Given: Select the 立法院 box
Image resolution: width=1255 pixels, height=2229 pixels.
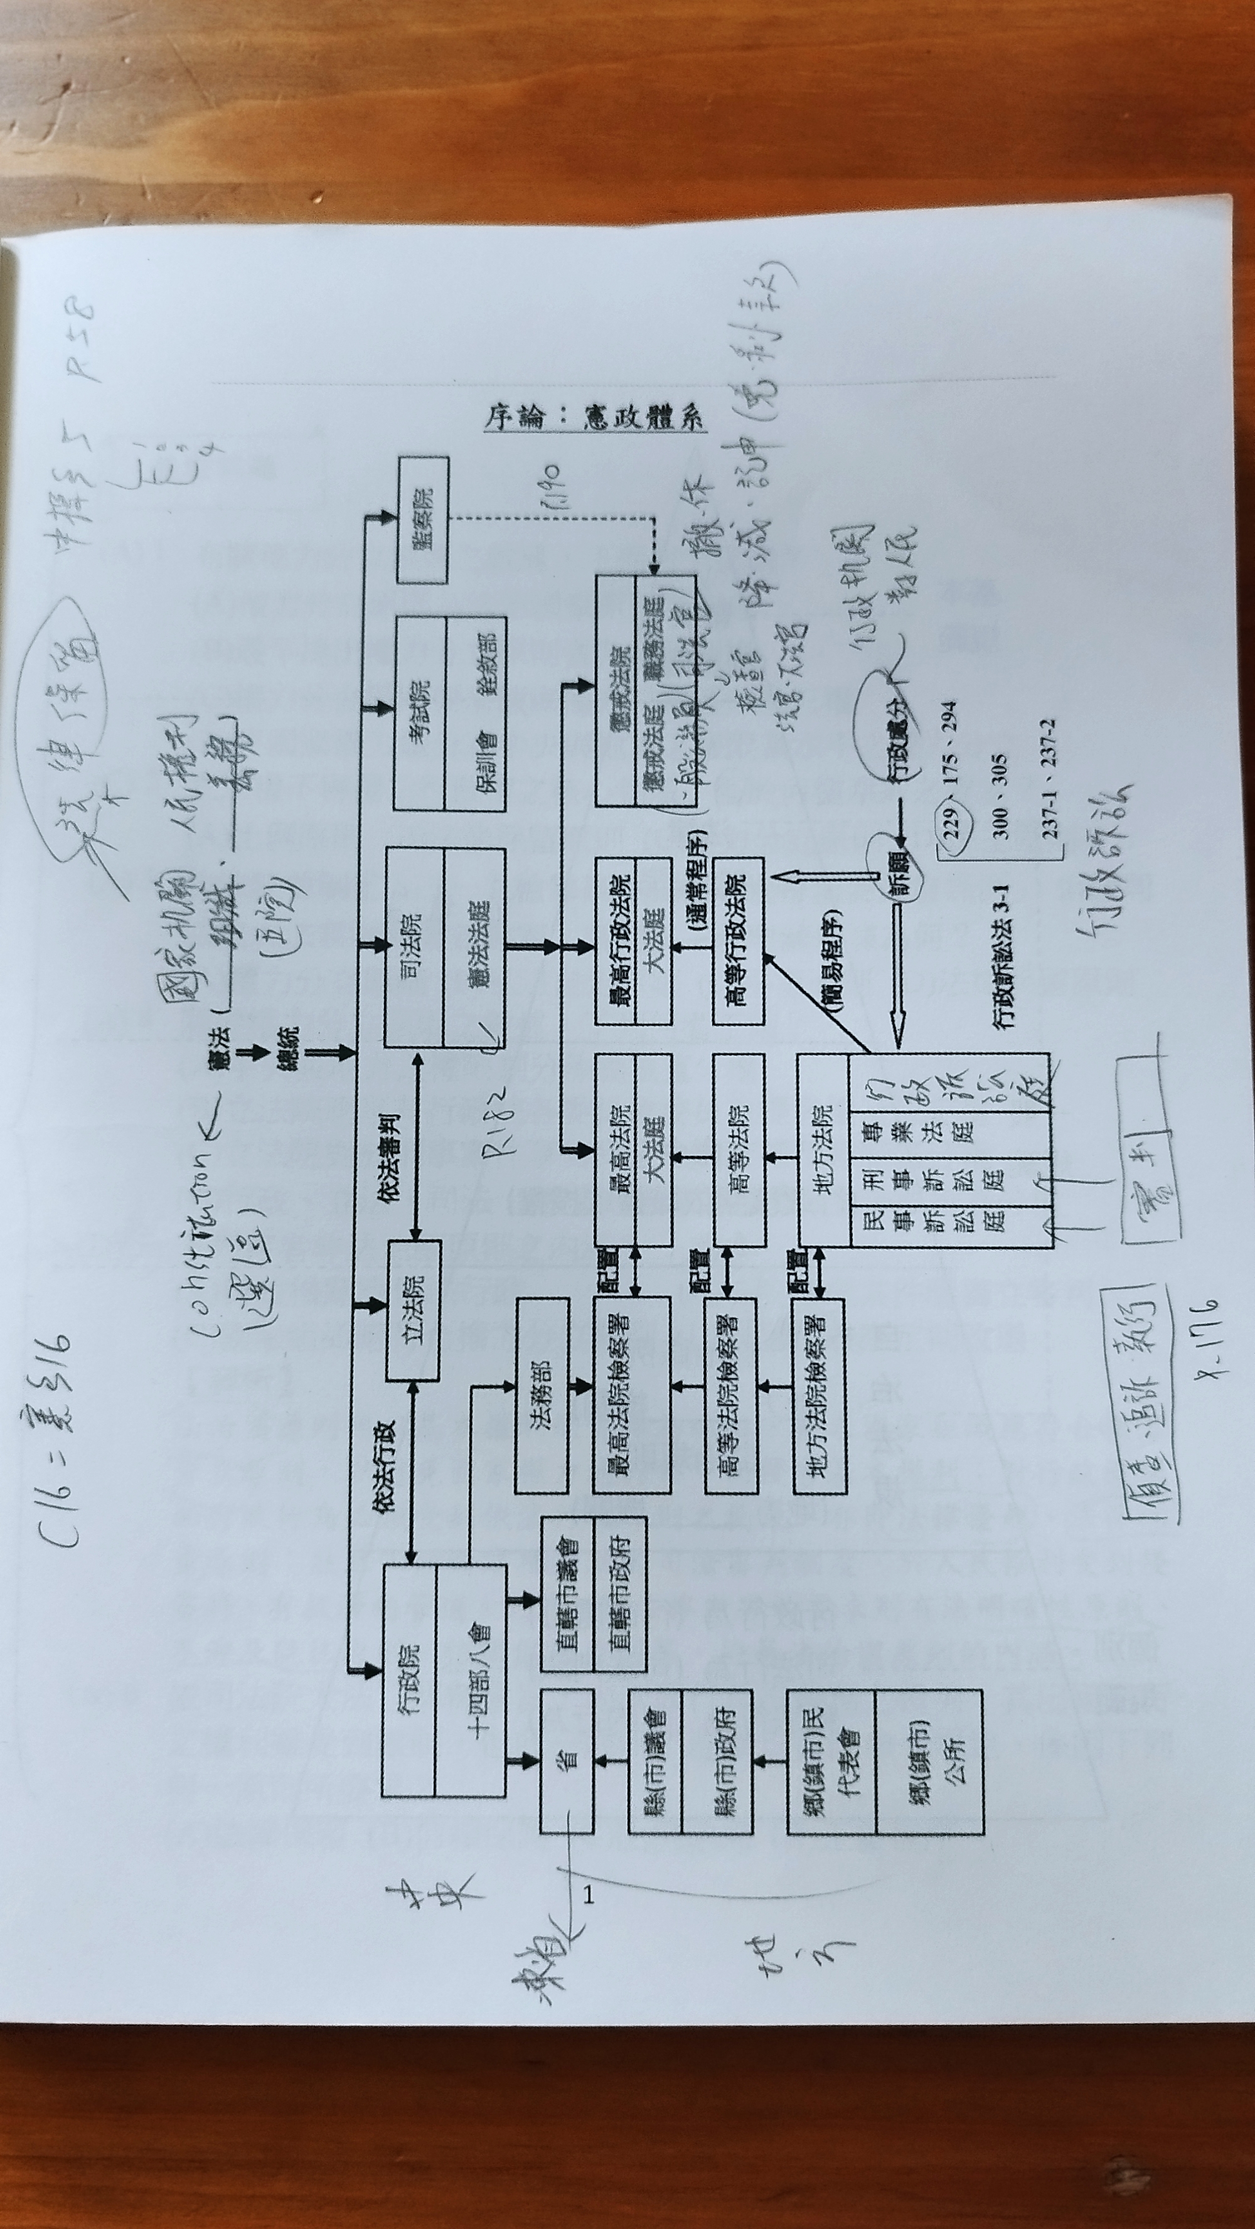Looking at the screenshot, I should point(413,1310).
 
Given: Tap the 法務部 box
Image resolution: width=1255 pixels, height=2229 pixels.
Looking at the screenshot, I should point(542,1395).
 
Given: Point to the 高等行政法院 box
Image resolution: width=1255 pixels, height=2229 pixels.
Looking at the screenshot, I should point(737,941).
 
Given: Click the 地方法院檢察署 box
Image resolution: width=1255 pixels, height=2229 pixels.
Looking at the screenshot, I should point(819,1395).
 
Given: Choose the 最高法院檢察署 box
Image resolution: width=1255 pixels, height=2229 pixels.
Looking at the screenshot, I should point(631,1395).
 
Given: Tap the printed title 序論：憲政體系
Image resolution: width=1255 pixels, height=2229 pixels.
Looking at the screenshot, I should point(595,420).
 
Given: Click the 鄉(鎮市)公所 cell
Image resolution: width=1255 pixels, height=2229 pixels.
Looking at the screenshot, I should point(931,1761).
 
